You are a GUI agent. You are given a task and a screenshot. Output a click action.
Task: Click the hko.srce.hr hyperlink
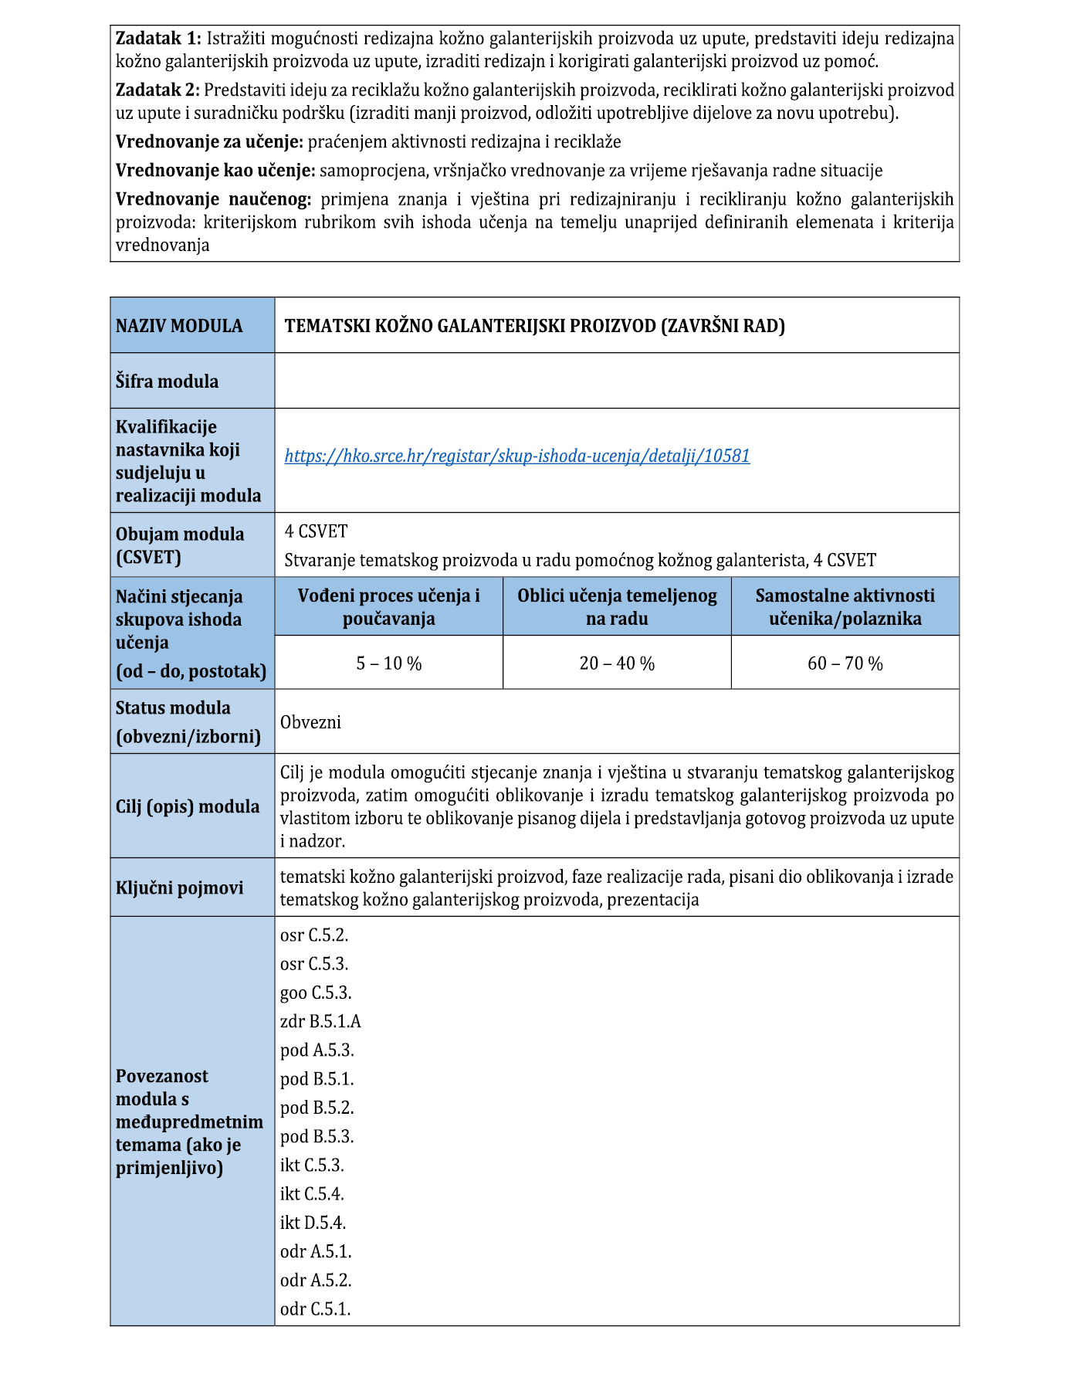(x=516, y=456)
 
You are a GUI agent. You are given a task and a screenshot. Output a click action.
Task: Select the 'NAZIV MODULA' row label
(x=179, y=326)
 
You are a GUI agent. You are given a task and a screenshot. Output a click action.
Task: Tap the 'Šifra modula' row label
(x=167, y=382)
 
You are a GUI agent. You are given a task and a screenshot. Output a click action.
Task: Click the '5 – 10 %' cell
(x=388, y=663)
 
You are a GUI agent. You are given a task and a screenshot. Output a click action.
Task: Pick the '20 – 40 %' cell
(x=617, y=663)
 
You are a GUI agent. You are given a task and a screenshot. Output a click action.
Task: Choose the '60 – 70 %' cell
(x=845, y=663)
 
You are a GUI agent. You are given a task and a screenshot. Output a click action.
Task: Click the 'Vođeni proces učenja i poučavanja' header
(x=388, y=607)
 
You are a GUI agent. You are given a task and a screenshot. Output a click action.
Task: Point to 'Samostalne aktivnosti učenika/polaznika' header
(x=845, y=607)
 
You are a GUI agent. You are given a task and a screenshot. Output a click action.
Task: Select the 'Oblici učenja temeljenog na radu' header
(x=617, y=607)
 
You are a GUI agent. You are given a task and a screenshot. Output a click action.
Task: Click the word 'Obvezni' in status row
(x=310, y=723)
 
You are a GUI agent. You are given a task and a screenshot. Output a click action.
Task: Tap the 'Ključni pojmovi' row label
(x=179, y=888)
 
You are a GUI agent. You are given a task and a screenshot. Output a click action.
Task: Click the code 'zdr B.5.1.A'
(x=320, y=1022)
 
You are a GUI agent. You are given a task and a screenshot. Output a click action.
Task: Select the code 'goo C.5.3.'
(x=316, y=993)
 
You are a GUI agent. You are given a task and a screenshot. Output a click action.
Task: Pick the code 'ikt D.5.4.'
(x=313, y=1223)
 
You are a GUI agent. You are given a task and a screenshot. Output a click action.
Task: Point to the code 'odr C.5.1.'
(x=315, y=1309)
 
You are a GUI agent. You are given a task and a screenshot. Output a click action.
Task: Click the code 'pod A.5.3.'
(x=317, y=1050)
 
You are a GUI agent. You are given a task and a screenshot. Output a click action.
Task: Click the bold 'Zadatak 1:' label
(x=158, y=39)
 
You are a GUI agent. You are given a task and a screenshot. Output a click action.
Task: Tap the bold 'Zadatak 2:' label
(x=158, y=90)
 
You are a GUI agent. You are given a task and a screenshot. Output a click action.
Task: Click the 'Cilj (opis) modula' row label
(x=188, y=807)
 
